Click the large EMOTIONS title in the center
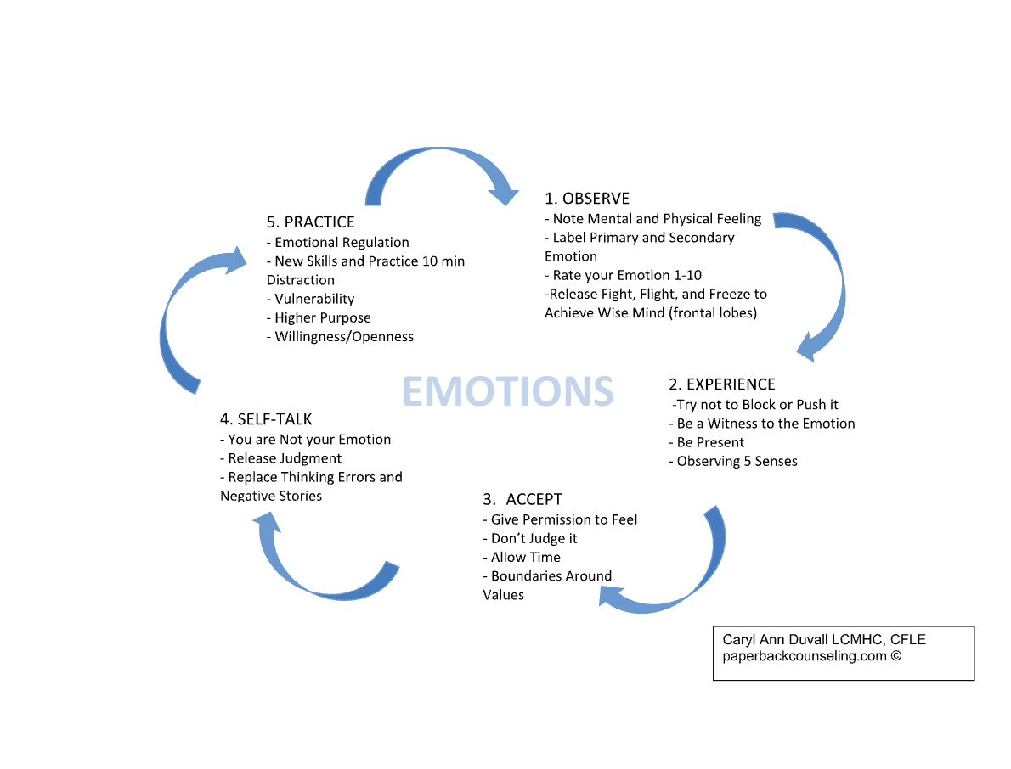[507, 391]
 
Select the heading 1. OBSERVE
[587, 199]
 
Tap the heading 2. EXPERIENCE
[722, 385]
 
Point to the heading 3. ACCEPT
[522, 499]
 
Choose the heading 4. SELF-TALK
[266, 419]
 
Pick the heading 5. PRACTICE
[311, 222]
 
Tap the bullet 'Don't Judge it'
[534, 538]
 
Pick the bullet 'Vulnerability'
[311, 299]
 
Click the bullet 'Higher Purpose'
[319, 317]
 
